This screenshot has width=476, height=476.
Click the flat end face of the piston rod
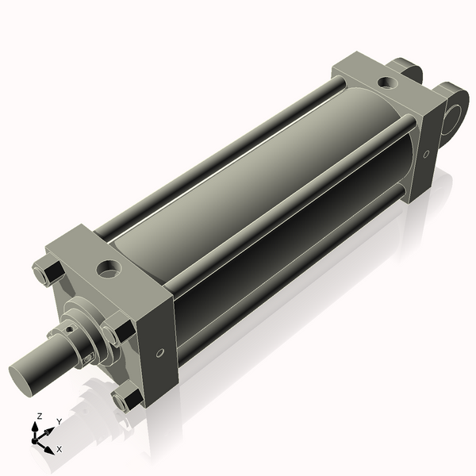(24, 374)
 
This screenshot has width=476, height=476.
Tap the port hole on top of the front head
(108, 269)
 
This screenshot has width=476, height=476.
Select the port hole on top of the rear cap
(386, 82)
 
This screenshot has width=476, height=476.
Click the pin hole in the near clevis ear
(454, 121)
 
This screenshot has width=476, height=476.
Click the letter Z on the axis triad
(40, 416)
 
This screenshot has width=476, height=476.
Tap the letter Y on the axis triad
(59, 421)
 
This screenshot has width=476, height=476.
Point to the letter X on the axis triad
(59, 449)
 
